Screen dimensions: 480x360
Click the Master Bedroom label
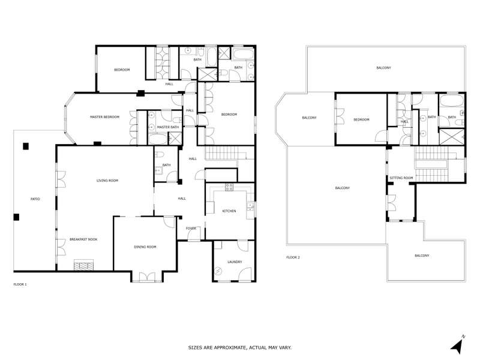104,117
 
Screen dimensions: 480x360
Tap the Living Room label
107,181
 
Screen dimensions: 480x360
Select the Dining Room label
145,247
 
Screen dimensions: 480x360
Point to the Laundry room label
235,262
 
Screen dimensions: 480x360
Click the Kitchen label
229,211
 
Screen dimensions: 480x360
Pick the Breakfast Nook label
83,239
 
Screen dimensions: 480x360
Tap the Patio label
35,199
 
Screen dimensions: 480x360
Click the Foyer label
191,229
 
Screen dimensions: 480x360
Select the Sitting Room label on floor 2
401,178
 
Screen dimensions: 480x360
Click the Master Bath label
168,127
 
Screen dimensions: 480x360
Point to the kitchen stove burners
229,187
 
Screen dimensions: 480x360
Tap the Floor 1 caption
20,284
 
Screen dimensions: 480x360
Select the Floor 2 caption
293,257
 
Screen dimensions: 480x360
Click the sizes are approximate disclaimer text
239,348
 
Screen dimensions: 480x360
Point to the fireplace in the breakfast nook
83,265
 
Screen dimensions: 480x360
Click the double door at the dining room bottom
147,277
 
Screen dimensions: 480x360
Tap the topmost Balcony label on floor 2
383,68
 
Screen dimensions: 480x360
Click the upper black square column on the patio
26,146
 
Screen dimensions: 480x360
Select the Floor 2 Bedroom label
362,119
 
